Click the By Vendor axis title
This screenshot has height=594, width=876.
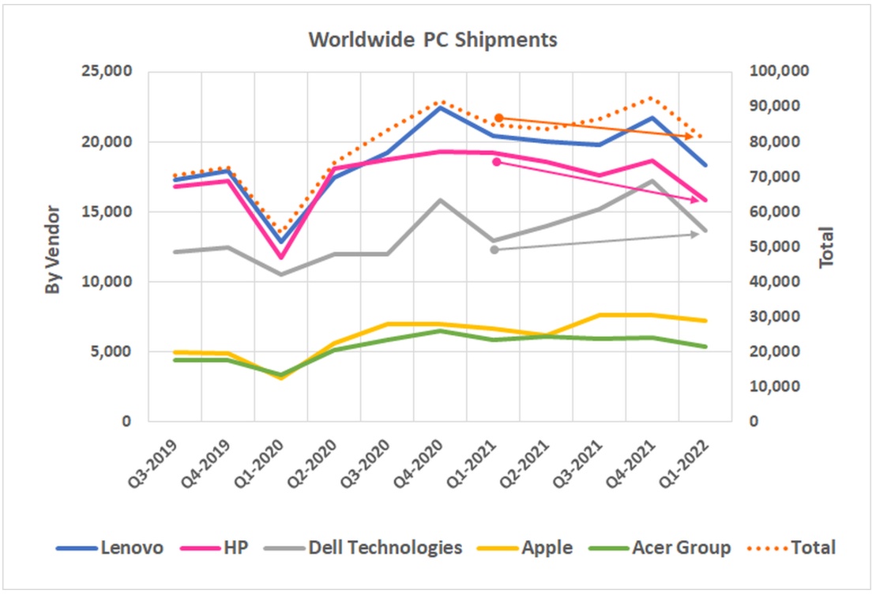pyautogui.click(x=52, y=250)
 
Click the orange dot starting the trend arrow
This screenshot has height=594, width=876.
pyautogui.click(x=498, y=118)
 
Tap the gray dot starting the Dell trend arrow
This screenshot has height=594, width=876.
pyautogui.click(x=494, y=250)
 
